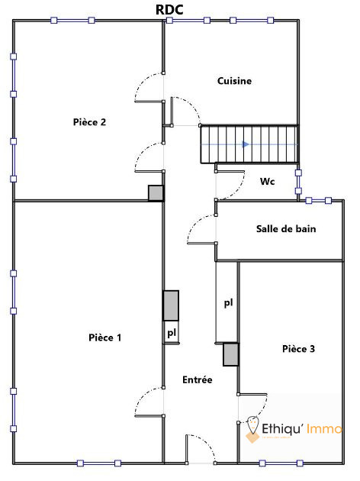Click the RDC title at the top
tap(169, 9)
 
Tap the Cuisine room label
tap(234, 81)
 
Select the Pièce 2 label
tap(89, 122)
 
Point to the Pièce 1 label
tap(104, 337)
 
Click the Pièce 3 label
tap(298, 349)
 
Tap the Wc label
tap(268, 181)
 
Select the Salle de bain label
tap(286, 229)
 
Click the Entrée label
tap(198, 379)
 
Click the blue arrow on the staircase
tap(246, 144)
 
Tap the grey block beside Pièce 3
tap(230, 354)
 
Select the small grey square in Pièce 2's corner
tap(156, 193)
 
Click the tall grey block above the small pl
tap(171, 306)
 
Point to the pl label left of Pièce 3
tap(229, 303)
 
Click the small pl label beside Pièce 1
tap(172, 333)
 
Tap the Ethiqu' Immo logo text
tap(301, 428)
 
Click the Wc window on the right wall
tap(298, 182)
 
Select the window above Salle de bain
tap(318, 201)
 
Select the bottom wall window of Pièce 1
tap(98, 463)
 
